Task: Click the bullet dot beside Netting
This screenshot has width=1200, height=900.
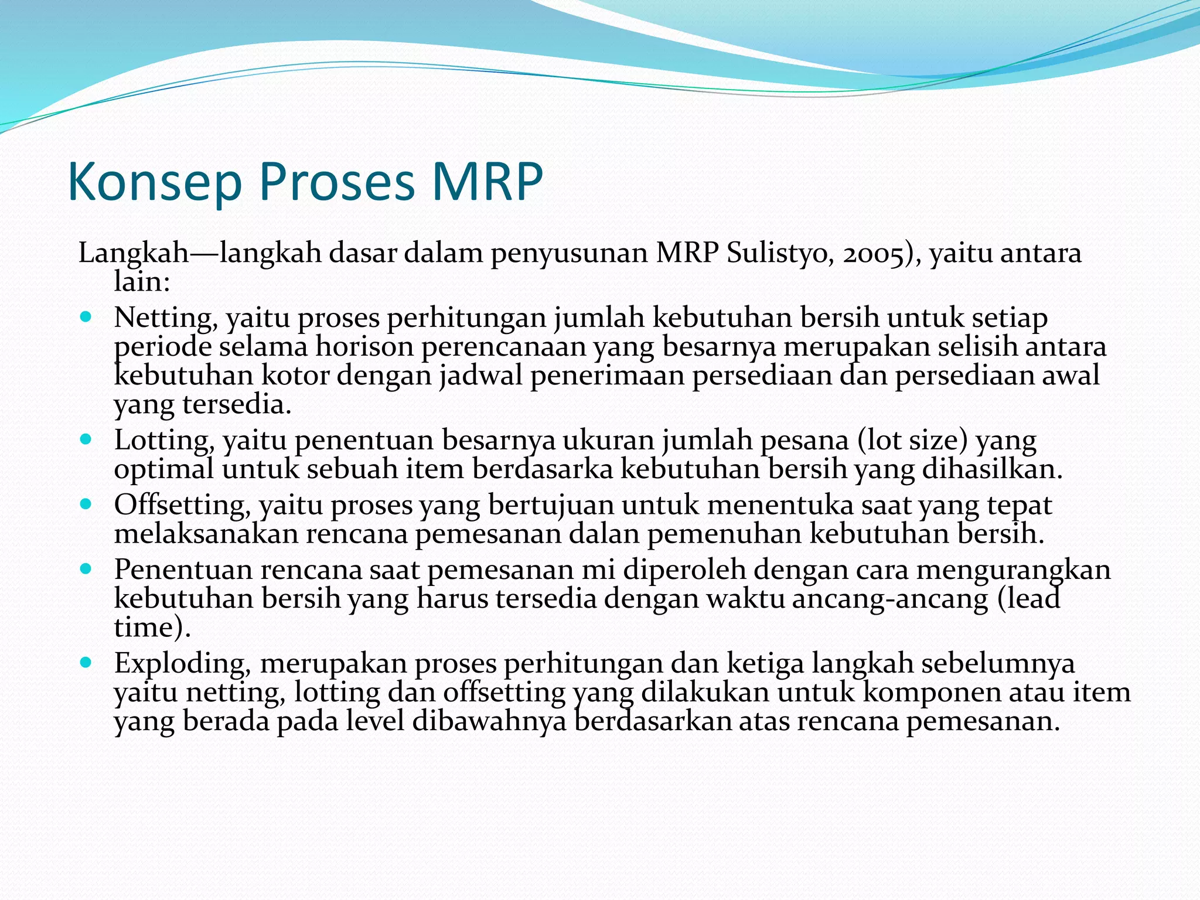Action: [x=86, y=317]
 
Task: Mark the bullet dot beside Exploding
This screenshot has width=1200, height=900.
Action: [x=86, y=663]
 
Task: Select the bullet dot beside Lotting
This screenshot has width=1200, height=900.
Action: [x=86, y=439]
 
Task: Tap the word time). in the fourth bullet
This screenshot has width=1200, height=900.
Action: [x=152, y=628]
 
